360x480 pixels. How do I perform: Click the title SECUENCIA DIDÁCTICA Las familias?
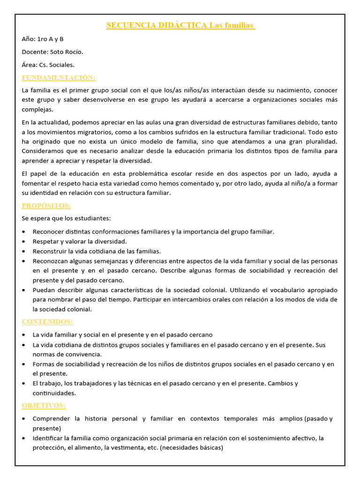pos(180,25)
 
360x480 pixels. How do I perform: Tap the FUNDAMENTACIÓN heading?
pos(59,77)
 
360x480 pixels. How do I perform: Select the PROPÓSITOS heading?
pos(46,206)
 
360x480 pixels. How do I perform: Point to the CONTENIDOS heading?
pos(47,322)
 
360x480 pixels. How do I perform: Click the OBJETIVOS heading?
pos(44,405)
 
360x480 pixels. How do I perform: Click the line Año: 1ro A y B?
pos(43,39)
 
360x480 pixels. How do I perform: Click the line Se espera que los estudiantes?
pos(67,218)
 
